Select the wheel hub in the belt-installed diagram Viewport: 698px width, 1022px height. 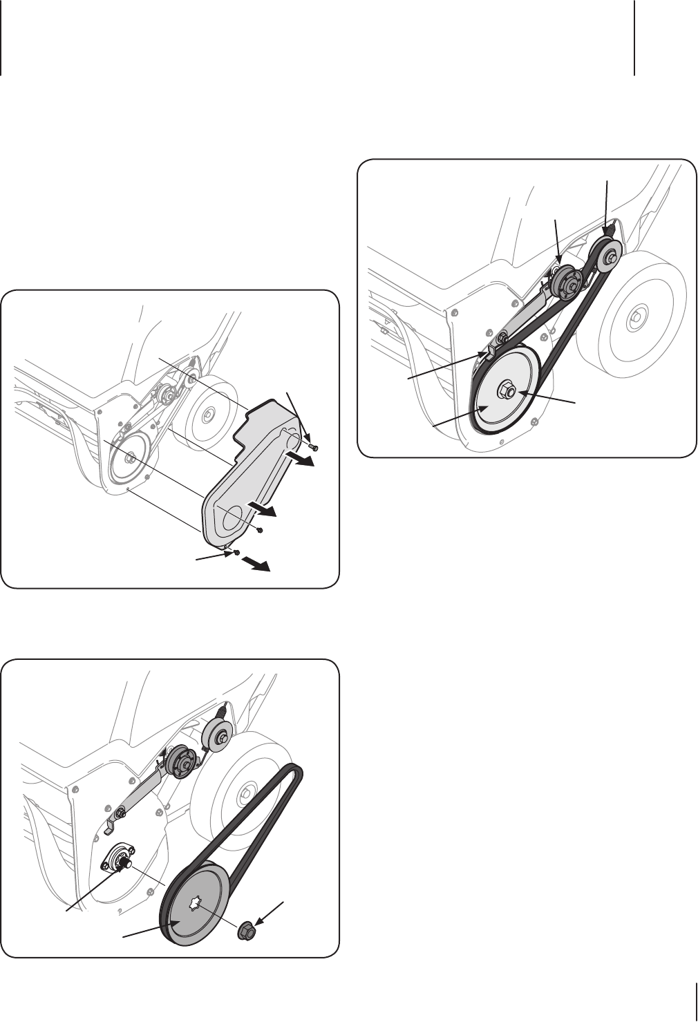[x=634, y=316]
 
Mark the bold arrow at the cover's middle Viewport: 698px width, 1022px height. [x=263, y=511]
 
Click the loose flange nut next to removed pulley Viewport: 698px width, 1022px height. [x=246, y=931]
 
